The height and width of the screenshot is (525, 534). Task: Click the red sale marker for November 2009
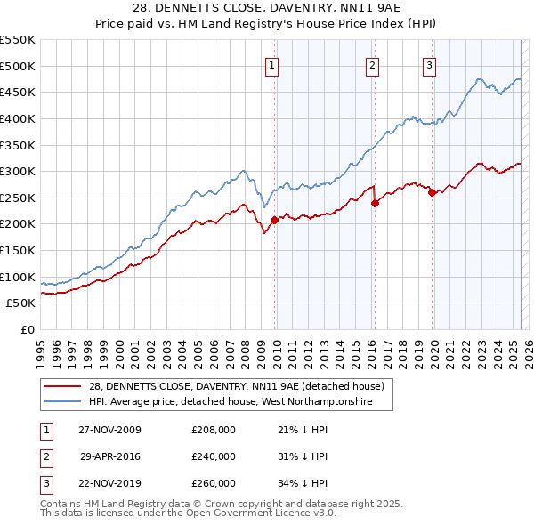click(x=274, y=220)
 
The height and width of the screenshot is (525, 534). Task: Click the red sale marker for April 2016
click(x=375, y=203)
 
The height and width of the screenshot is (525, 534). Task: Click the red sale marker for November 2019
click(x=432, y=192)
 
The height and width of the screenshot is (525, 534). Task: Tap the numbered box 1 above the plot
click(x=271, y=64)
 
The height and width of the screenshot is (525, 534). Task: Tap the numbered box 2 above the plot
click(x=371, y=64)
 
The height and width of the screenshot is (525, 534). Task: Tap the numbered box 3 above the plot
click(x=429, y=64)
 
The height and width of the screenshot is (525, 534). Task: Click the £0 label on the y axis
click(x=27, y=329)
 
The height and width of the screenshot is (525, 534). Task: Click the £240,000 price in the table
click(x=214, y=456)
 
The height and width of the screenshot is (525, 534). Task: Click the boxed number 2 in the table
click(x=44, y=456)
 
